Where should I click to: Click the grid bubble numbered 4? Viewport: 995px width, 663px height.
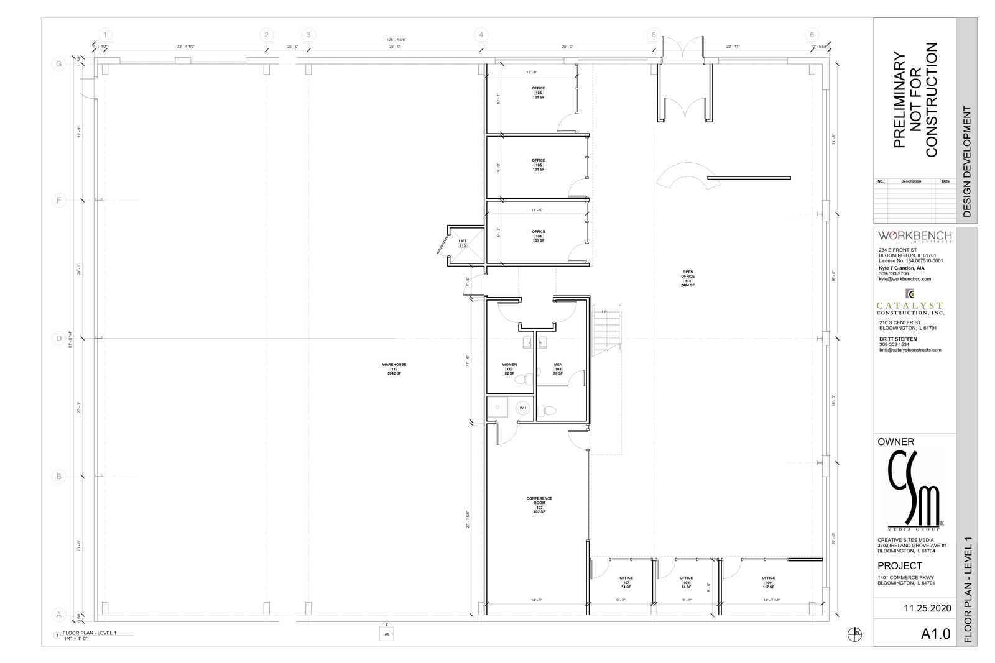click(481, 35)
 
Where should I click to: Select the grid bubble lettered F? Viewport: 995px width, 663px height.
click(59, 201)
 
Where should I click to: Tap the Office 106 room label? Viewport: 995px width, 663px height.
click(539, 93)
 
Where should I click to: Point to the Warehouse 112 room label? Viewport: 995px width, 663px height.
click(394, 369)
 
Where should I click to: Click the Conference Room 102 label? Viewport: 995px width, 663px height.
click(539, 505)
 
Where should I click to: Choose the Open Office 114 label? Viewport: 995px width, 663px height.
click(688, 278)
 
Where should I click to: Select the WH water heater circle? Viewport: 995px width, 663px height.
click(523, 408)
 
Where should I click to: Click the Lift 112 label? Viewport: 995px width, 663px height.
click(463, 244)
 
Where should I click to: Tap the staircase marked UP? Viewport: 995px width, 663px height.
click(608, 332)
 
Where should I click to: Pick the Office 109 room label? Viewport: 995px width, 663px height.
click(769, 582)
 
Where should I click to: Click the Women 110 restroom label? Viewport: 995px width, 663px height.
click(509, 368)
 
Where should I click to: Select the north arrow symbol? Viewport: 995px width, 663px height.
click(856, 634)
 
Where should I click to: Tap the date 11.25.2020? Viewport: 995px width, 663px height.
click(927, 609)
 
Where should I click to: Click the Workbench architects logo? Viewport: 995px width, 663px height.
click(914, 236)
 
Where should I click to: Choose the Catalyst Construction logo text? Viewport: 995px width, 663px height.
click(910, 308)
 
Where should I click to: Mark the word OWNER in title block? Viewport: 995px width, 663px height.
click(895, 442)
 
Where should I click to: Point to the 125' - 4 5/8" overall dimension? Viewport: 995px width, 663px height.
click(396, 40)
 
